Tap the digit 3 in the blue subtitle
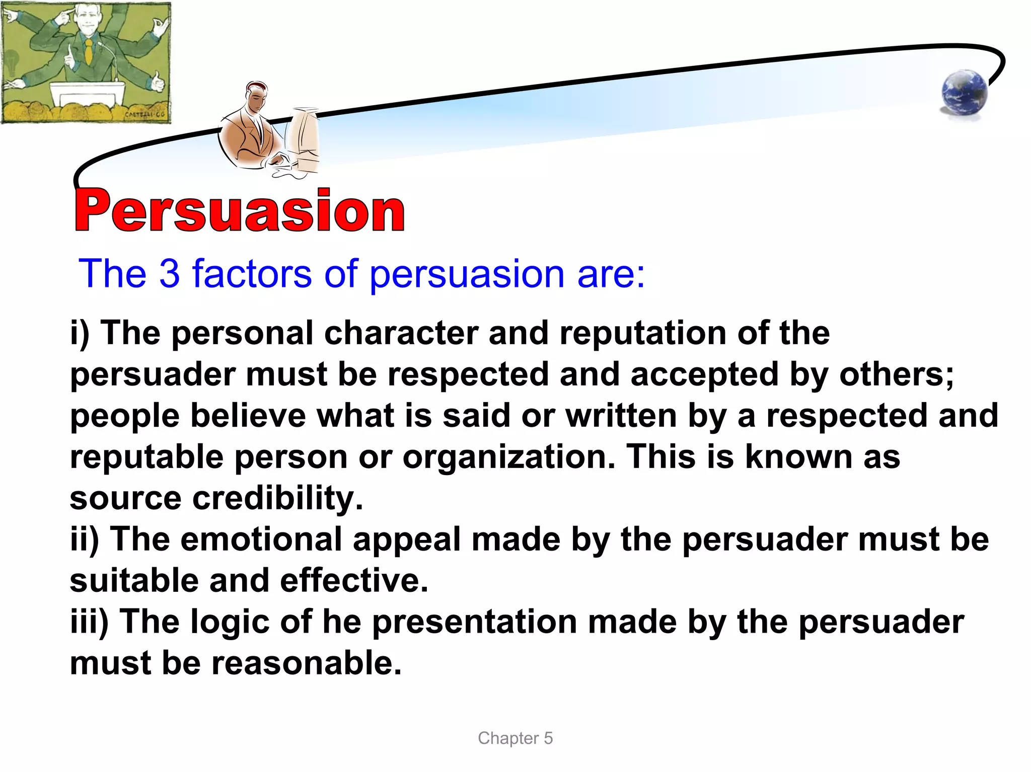tap(169, 274)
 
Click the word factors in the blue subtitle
tap(252, 274)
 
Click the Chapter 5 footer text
tap(515, 738)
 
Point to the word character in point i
tap(401, 333)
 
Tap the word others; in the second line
tap(896, 375)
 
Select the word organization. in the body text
tap(508, 457)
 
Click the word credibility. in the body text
tap(277, 499)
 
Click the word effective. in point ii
tap(354, 581)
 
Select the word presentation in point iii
tap(474, 622)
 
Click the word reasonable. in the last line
tap(306, 663)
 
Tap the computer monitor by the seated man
tap(304, 136)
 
